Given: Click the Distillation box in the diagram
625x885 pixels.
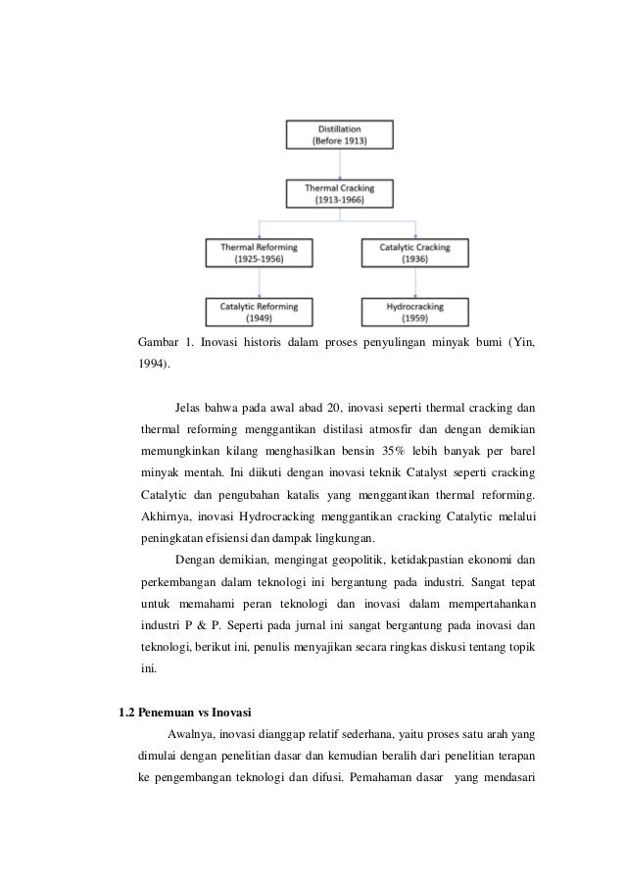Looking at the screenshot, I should [x=339, y=134].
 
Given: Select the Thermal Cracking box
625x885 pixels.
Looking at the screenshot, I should [x=339, y=193].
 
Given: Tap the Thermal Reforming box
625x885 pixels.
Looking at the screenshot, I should [x=259, y=253].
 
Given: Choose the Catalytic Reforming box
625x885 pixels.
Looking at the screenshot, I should [x=259, y=311].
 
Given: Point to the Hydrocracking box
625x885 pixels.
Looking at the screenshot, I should [x=415, y=311].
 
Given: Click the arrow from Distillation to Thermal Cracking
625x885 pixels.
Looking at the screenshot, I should [x=339, y=164].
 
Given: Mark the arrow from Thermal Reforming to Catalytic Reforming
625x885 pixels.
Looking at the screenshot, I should [x=259, y=282].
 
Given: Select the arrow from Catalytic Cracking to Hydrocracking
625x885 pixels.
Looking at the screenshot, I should [x=415, y=282].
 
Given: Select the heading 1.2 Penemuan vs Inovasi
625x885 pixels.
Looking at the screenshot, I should [x=184, y=712].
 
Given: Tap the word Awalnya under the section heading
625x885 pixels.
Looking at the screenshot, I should [x=192, y=734].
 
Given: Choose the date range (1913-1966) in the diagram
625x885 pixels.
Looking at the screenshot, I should [x=339, y=200].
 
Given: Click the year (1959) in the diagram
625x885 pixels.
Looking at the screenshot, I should [x=415, y=318].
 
